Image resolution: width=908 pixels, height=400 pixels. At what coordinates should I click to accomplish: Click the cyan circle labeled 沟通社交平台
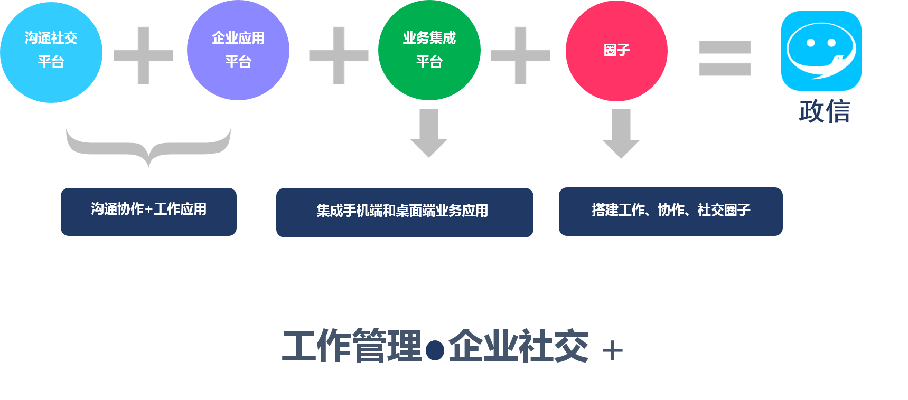51,52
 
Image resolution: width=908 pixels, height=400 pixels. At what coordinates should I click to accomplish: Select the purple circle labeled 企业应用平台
238,51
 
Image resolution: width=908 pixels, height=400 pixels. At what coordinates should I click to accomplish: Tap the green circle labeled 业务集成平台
429,51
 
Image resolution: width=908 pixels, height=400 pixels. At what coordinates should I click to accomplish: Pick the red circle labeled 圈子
616,51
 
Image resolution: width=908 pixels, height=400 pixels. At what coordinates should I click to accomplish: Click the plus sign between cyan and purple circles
143,55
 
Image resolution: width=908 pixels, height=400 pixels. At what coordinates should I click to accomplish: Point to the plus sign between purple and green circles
339,55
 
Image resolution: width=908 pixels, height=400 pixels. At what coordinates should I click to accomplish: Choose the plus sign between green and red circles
520,55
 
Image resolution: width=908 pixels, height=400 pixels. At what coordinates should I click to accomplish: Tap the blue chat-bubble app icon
821,51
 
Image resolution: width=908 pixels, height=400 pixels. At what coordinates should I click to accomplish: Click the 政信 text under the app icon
825,111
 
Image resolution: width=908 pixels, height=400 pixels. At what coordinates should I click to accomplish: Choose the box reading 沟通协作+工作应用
148,211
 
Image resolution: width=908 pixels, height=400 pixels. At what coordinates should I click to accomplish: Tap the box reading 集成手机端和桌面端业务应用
405,212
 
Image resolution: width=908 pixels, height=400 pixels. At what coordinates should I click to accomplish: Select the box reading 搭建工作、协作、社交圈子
670,211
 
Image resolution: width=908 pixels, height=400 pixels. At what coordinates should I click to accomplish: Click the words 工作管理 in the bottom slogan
352,346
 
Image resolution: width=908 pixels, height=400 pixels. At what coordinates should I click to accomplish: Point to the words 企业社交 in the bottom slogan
519,346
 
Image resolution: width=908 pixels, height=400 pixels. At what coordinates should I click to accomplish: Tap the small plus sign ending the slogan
613,351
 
